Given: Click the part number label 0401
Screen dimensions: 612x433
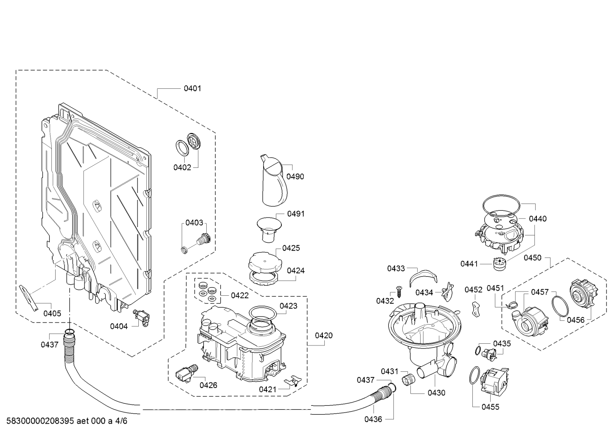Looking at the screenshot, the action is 192,88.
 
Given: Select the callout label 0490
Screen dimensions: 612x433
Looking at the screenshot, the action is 295,177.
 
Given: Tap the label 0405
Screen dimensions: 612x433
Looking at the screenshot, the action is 52,314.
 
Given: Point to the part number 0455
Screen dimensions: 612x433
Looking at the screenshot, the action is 491,407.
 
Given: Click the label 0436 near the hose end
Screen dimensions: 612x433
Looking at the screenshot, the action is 373,419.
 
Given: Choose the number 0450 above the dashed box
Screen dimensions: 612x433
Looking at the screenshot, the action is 533,258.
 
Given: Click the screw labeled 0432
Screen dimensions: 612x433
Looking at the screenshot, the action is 399,292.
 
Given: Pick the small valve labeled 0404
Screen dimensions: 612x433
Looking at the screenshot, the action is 141,318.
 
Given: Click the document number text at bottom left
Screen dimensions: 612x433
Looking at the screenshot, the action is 67,421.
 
